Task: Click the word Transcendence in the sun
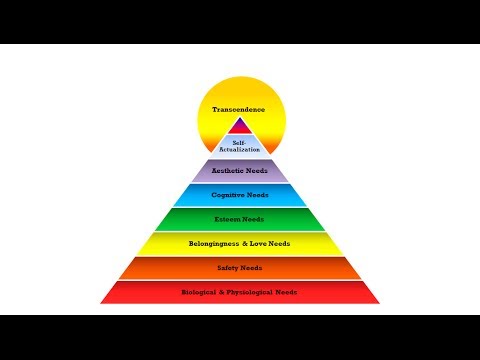coord(239,109)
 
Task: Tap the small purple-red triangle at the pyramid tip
coord(240,126)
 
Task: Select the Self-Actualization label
coord(240,146)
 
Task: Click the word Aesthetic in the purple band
coord(228,171)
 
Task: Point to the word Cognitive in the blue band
coord(227,195)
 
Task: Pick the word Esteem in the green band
coord(227,219)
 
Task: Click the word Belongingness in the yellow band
coord(214,244)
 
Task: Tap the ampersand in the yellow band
coord(245,244)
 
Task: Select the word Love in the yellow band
coord(259,244)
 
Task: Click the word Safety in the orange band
coord(228,268)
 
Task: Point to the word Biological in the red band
coord(199,292)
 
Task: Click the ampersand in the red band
coord(222,292)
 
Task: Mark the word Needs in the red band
coord(286,292)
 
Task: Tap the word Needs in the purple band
coord(257,171)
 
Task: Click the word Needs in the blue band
coord(257,195)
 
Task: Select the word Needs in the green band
coord(253,219)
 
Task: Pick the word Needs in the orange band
coord(251,268)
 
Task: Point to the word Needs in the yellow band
coord(279,244)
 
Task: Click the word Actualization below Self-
coord(240,150)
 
